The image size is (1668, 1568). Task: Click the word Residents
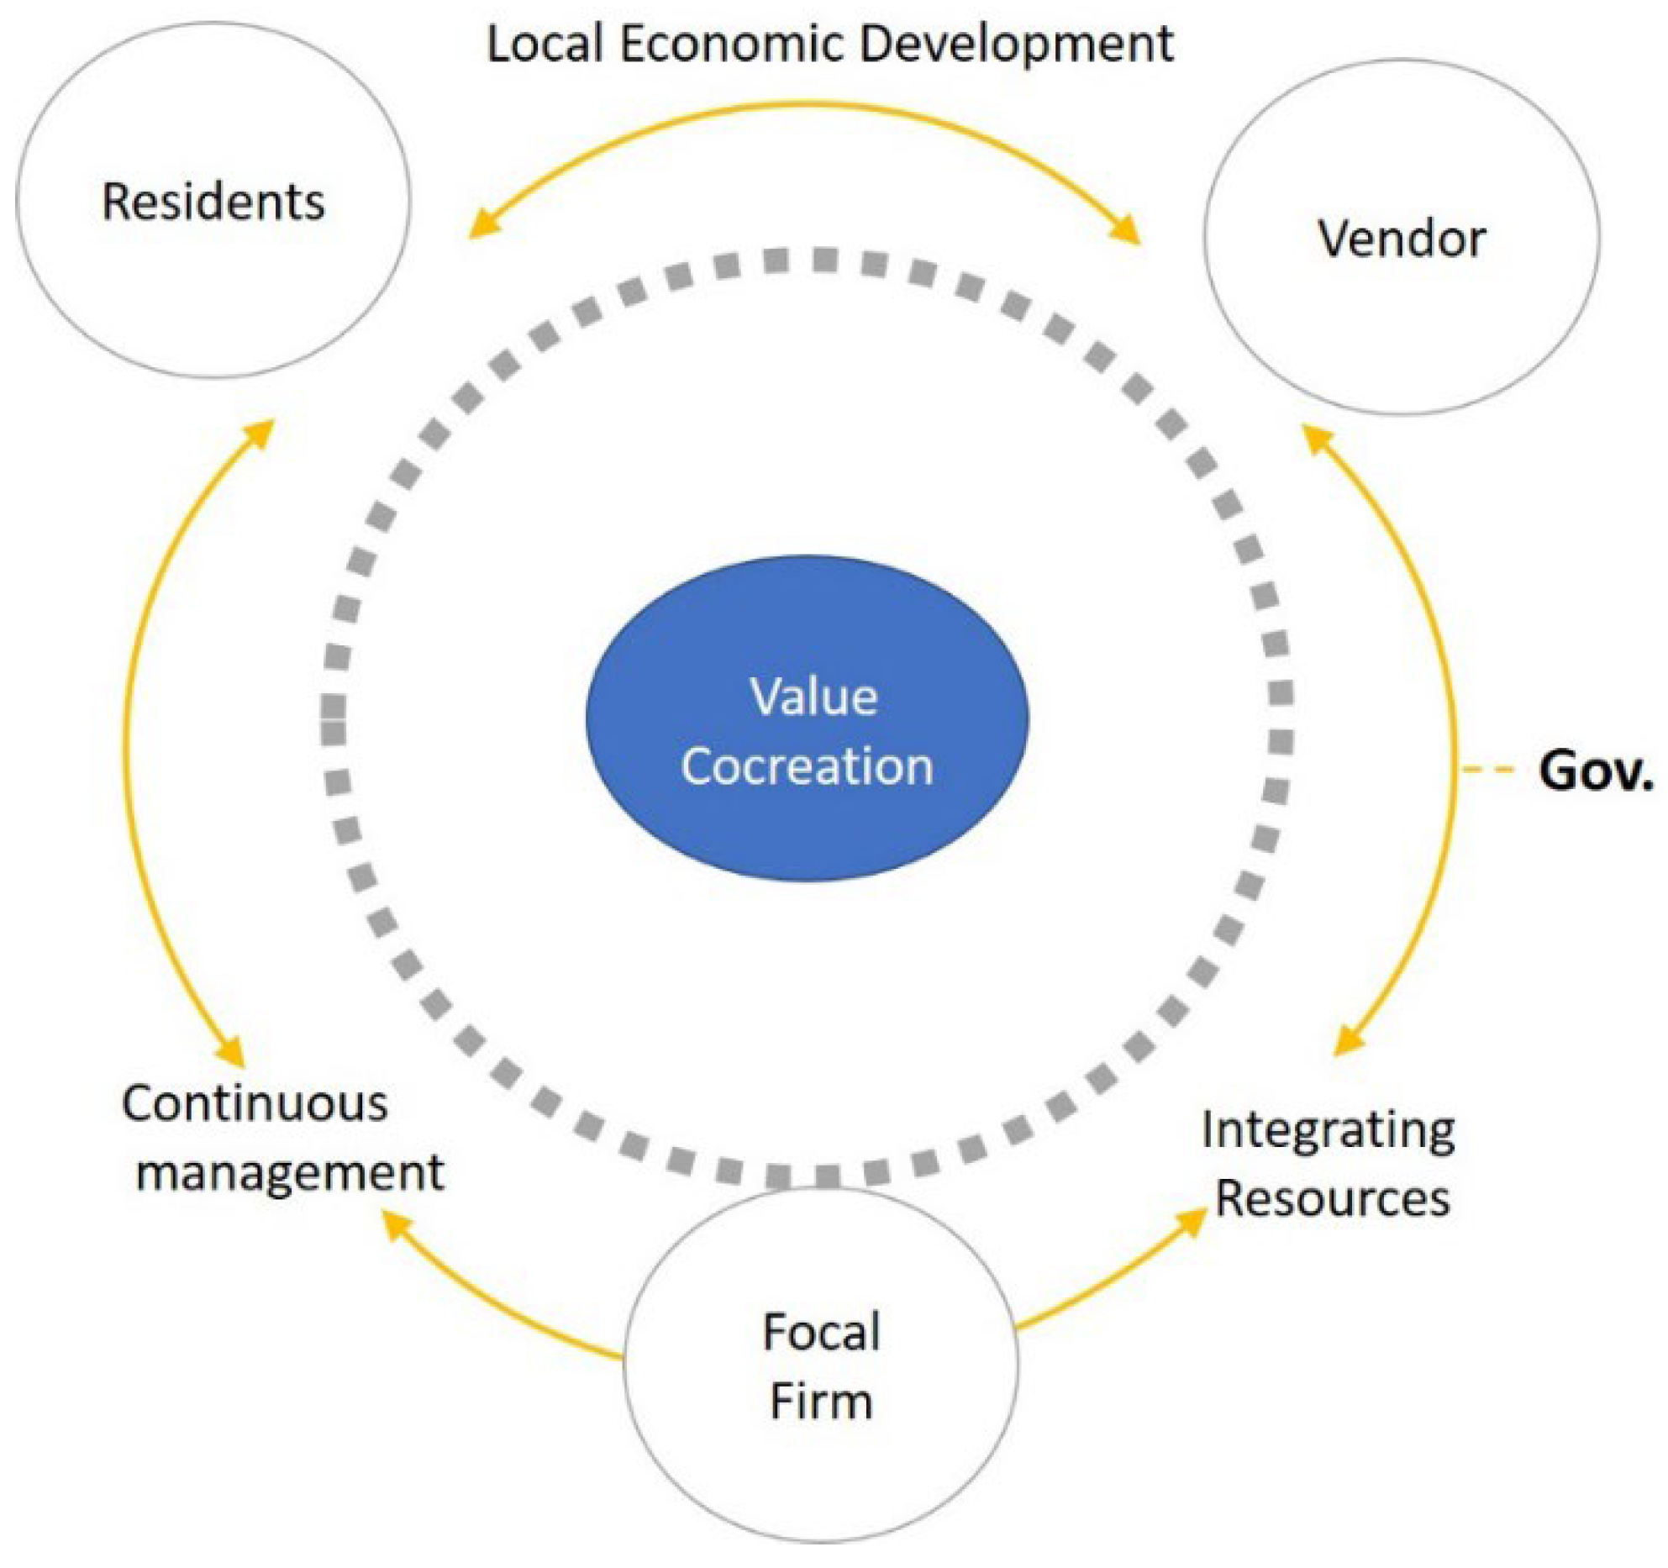[213, 202]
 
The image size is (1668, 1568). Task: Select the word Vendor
[1402, 239]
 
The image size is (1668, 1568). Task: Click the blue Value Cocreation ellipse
[807, 639]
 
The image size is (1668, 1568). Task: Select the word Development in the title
[1017, 44]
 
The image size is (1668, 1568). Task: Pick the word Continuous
[255, 1103]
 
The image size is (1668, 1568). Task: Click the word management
[290, 1172]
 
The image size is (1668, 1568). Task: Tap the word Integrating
[1328, 1130]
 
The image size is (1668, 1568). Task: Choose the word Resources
[1333, 1198]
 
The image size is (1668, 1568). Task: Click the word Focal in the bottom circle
[821, 1332]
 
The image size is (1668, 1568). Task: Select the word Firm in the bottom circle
[821, 1401]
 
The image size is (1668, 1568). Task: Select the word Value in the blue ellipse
[813, 697]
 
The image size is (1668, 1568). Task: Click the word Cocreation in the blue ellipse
[807, 766]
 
